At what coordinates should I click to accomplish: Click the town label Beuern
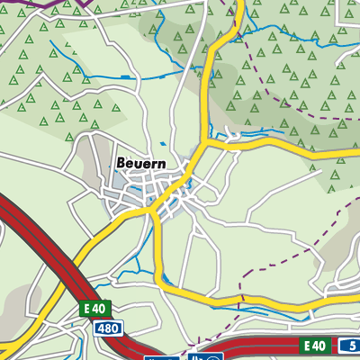[x=140, y=164]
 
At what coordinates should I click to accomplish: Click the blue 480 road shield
[x=106, y=328]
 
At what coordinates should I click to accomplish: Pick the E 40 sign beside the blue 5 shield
[x=312, y=346]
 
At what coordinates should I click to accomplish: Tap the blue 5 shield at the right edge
[x=348, y=346]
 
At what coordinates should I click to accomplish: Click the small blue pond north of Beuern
[x=162, y=143]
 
